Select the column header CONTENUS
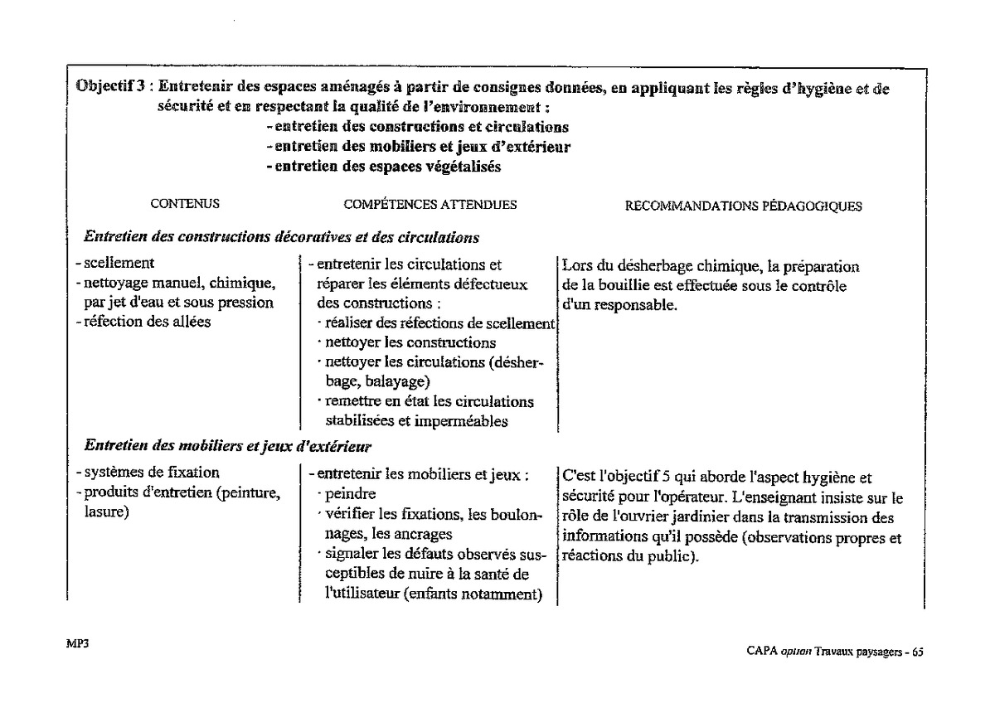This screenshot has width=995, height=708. click(185, 204)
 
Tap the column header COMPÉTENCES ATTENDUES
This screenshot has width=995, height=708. click(430, 204)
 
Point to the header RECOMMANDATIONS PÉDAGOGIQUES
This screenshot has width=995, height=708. click(743, 206)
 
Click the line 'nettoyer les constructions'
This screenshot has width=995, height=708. click(410, 342)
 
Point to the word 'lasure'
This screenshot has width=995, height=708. click(104, 513)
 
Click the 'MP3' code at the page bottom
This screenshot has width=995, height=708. click(77, 641)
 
